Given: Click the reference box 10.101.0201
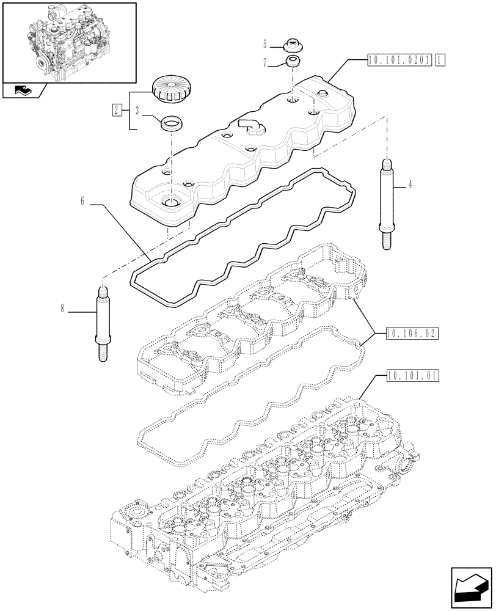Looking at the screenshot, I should (x=400, y=59).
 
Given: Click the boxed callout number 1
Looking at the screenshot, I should (x=441, y=59).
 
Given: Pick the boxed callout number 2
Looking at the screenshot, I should (x=115, y=110).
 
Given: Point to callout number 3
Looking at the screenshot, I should (x=137, y=111).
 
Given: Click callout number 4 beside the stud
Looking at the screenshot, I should (x=409, y=185).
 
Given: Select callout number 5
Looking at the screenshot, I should (x=265, y=43).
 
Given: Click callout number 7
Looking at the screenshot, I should (x=265, y=62).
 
